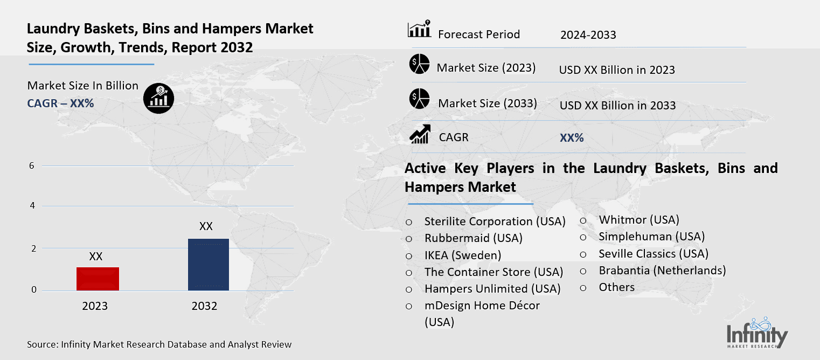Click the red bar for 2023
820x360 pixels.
tap(98, 279)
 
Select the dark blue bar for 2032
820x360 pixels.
tap(208, 265)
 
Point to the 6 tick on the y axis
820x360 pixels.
tap(32, 165)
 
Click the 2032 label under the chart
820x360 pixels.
tap(204, 306)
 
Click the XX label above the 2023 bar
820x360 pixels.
tap(96, 257)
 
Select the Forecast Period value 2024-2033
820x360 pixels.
tap(588, 35)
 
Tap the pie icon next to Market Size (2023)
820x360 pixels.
tap(419, 65)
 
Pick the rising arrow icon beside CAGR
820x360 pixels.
tap(420, 135)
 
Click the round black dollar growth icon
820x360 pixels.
tap(158, 98)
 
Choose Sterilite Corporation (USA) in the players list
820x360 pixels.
tap(495, 221)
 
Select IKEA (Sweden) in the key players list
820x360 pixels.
tap(462, 255)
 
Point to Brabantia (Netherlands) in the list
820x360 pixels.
tap(662, 271)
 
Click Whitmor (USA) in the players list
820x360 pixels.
tap(638, 219)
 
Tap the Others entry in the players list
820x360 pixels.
tap(616, 287)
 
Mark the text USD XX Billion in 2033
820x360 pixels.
tap(617, 106)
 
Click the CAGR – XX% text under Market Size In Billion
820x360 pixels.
tap(60, 103)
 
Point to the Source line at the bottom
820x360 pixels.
tap(159, 344)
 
